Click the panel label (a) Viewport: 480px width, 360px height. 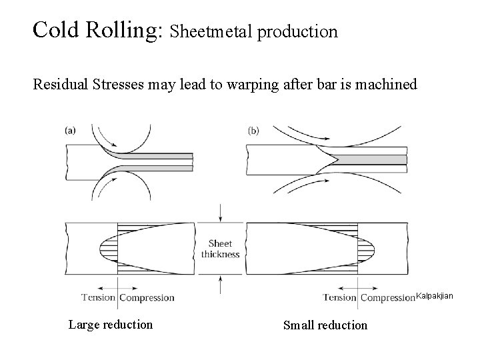(x=70, y=131)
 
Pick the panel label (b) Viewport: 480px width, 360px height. (x=253, y=131)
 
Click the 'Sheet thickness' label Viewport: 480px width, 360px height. (x=220, y=249)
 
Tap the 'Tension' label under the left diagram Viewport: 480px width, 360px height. (x=98, y=297)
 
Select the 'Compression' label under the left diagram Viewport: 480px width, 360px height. (x=147, y=297)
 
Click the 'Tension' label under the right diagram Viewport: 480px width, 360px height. (x=340, y=297)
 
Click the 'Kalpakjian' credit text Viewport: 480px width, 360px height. (x=435, y=295)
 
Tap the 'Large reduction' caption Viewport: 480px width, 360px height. (x=110, y=325)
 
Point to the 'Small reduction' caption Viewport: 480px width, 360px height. (x=325, y=325)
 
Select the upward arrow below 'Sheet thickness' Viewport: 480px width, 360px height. (x=220, y=283)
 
